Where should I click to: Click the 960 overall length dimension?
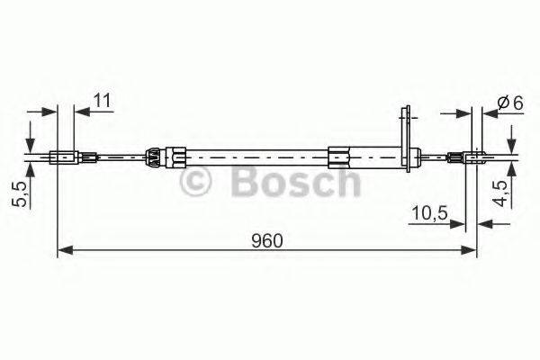point(267,241)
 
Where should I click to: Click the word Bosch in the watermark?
point(295,184)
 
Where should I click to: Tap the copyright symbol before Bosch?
point(196,185)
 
